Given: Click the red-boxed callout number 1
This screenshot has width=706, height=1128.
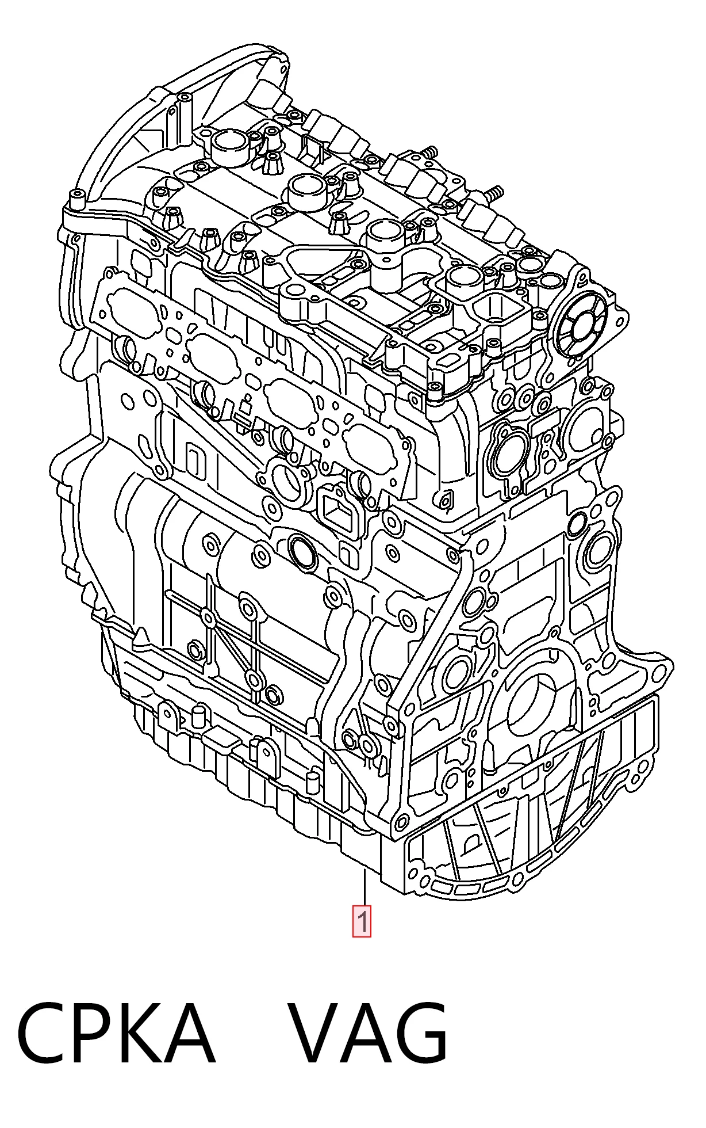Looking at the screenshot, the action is coord(362,921).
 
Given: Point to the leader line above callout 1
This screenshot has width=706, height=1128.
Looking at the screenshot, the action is coord(364,889).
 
